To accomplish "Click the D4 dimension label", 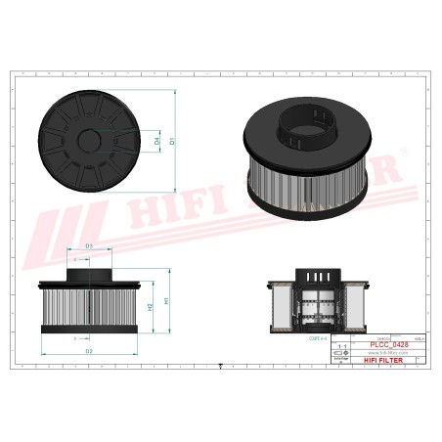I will [x=157, y=143].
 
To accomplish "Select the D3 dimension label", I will [x=89, y=246].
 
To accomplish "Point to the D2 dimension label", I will [x=88, y=350].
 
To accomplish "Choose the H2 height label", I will [x=150, y=307].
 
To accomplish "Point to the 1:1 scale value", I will [x=339, y=346].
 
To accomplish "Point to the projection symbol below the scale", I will [x=339, y=360].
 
